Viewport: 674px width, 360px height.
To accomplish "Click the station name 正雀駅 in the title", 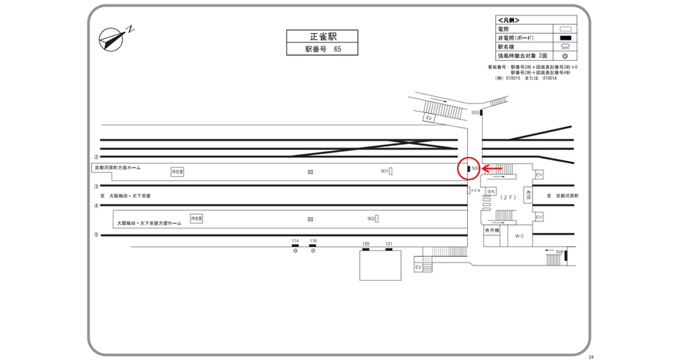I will pos(321,37).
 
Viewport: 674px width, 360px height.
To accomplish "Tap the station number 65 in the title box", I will pos(337,49).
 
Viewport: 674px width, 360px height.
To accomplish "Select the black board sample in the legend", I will pos(565,38).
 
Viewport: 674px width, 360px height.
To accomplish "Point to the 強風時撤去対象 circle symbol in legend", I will pos(565,56).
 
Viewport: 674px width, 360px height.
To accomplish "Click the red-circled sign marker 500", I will pos(469,169).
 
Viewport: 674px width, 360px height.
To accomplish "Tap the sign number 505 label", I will pos(475,112).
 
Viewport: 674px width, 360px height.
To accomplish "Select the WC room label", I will pos(519,236).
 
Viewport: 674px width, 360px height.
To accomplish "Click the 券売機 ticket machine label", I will pos(491,231).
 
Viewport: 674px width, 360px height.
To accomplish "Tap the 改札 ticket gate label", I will pos(491,191).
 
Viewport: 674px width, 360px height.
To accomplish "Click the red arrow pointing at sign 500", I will pos(492,169).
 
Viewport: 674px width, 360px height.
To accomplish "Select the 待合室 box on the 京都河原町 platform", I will pos(177,172).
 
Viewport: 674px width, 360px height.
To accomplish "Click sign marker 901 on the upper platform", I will pos(391,172).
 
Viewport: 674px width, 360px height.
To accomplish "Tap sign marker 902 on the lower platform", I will pos(377,218).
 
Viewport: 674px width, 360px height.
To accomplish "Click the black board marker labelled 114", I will pos(296,246).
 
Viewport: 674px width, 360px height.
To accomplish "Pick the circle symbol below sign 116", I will pos(313,251).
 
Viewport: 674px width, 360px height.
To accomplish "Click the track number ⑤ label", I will pos(96,235).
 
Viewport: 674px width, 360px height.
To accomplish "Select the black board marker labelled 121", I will pos(389,249).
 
